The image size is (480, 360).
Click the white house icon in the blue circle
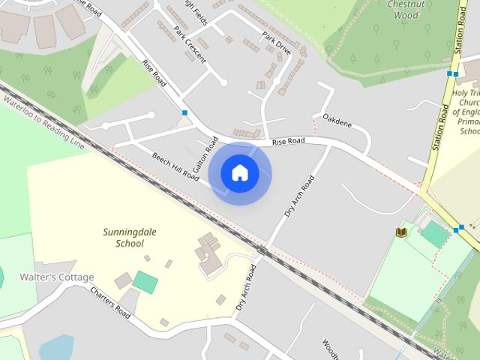pyautogui.click(x=239, y=173)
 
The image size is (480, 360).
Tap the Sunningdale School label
pyautogui.click(x=124, y=237)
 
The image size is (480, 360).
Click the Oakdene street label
pyautogui.click(x=337, y=118)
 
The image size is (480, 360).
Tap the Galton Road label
pyautogui.click(x=204, y=156)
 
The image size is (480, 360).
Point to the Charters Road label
pyautogui.click(x=109, y=301)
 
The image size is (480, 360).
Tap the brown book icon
pyautogui.click(x=401, y=232)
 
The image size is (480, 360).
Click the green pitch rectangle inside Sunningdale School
pyautogui.click(x=145, y=282)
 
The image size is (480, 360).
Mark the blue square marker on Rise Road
pyautogui.click(x=184, y=113)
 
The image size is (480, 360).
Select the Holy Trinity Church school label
pyautogui.click(x=466, y=112)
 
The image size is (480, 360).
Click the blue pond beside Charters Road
pyautogui.click(x=56, y=348)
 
